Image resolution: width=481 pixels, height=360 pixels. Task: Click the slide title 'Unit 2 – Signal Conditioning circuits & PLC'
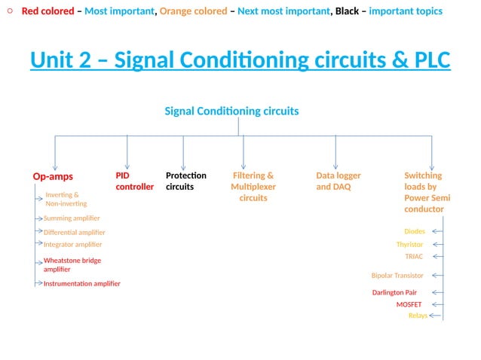click(240, 60)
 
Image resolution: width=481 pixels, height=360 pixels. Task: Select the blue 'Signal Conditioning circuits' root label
click(231, 111)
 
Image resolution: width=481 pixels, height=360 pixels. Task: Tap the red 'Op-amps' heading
click(53, 176)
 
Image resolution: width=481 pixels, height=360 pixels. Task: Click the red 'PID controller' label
click(134, 181)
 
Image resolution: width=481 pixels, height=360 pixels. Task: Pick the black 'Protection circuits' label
click(185, 181)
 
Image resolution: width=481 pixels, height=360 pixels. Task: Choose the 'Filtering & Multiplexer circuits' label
click(253, 187)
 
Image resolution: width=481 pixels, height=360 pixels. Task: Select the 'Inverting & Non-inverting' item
click(66, 199)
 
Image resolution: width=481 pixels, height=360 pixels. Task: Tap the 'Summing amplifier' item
click(72, 218)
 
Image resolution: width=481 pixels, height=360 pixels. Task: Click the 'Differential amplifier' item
click(74, 233)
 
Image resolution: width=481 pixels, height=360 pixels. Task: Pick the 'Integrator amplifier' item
click(72, 245)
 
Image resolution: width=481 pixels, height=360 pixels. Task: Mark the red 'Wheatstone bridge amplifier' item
click(72, 264)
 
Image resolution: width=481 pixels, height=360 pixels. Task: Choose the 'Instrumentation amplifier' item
click(81, 284)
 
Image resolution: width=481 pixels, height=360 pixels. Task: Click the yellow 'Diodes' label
click(414, 231)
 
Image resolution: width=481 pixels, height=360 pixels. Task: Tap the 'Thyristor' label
click(409, 245)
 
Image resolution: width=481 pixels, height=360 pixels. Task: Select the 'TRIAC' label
click(414, 257)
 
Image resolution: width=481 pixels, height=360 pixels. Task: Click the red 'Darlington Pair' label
click(394, 292)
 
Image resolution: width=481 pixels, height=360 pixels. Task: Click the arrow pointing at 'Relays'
click(436, 316)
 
